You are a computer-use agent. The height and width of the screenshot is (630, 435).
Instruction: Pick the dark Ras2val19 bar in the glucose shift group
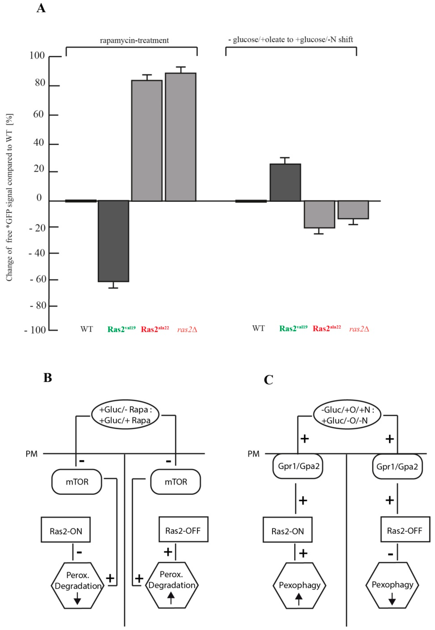pyautogui.click(x=285, y=182)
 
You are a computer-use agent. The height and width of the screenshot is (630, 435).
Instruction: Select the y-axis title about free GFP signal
pyautogui.click(x=10, y=198)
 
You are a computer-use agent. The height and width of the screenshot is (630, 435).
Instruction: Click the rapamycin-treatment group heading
pyautogui.click(x=134, y=41)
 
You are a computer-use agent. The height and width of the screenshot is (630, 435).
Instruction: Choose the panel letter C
pyautogui.click(x=268, y=380)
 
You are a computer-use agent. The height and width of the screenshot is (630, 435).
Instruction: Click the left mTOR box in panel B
pyautogui.click(x=77, y=482)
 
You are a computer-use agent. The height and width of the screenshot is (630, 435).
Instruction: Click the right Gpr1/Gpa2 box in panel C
pyautogui.click(x=397, y=467)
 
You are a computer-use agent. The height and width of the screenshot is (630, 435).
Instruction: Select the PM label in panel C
pyautogui.click(x=253, y=454)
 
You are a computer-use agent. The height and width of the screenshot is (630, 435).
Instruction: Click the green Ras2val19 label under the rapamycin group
pyautogui.click(x=121, y=329)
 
